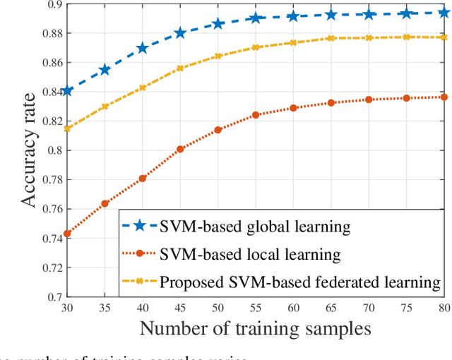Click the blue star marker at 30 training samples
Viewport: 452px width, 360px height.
pos(66,91)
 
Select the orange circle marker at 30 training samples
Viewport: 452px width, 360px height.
pos(66,234)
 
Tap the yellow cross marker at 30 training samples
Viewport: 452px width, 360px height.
pos(66,128)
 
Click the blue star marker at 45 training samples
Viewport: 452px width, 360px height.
pos(180,33)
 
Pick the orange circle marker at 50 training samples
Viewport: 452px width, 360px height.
pos(218,130)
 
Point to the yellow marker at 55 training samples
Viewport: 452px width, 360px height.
pos(256,47)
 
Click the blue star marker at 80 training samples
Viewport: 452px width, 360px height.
pos(444,13)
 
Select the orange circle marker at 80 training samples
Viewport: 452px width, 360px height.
pos(444,97)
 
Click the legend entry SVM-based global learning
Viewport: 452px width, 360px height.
pos(254,226)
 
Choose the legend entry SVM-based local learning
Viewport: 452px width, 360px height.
pos(251,254)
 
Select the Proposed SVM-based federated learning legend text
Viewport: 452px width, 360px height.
pos(299,282)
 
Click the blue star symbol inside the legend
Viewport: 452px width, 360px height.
pos(140,226)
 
